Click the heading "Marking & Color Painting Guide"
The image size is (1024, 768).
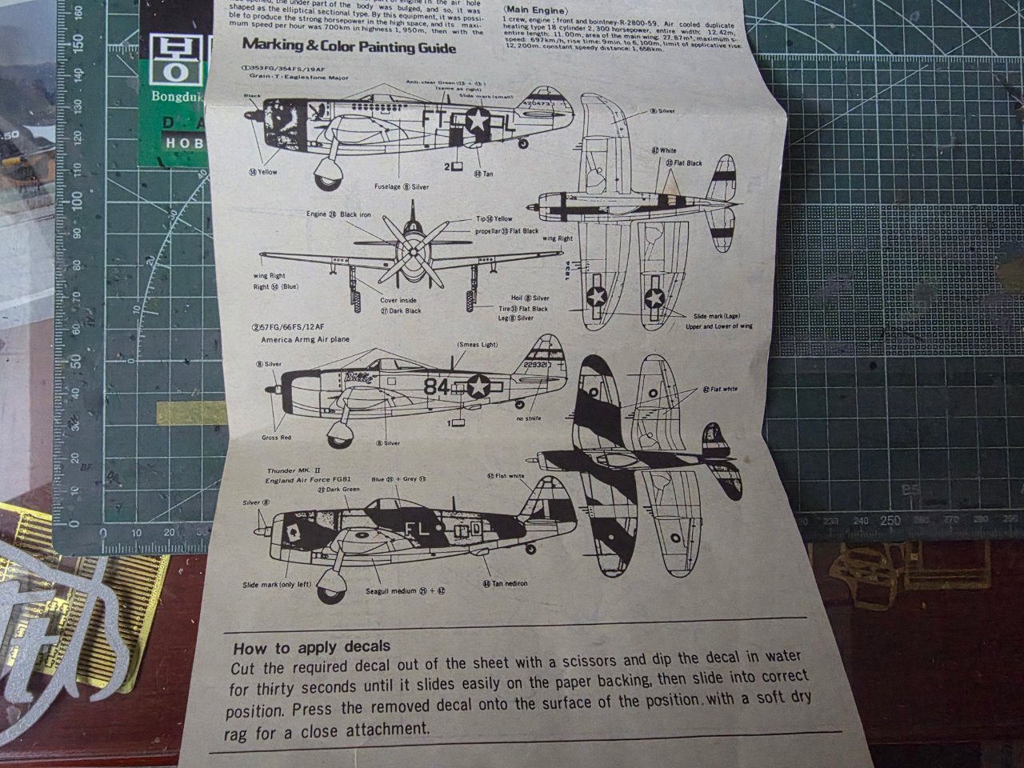coord(349,47)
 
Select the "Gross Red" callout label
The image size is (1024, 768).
coord(276,438)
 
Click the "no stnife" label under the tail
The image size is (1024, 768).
coord(529,418)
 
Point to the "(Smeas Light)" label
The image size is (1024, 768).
coord(478,344)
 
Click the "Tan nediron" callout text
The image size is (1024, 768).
coord(510,583)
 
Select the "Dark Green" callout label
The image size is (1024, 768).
coord(338,489)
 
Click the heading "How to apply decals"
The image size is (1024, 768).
coord(311,646)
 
